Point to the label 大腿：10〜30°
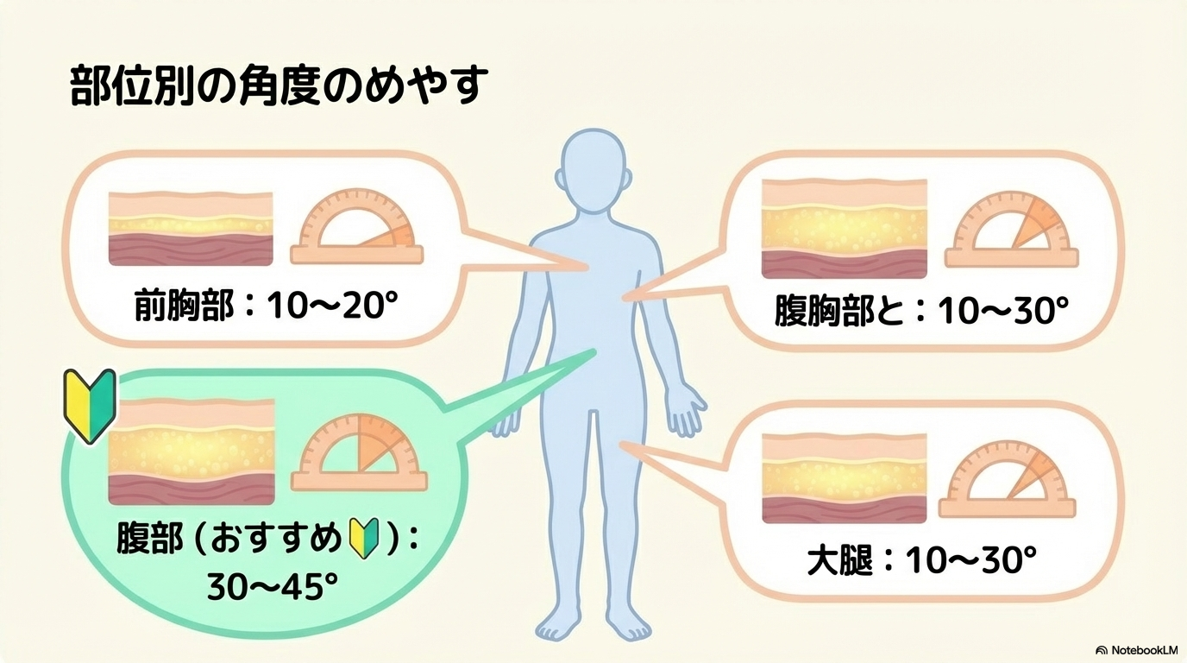pyautogui.click(x=920, y=562)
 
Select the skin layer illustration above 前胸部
pyautogui.click(x=191, y=227)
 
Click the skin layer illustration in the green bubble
pyautogui.click(x=191, y=451)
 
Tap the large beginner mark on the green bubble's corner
pyautogui.click(x=90, y=405)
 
